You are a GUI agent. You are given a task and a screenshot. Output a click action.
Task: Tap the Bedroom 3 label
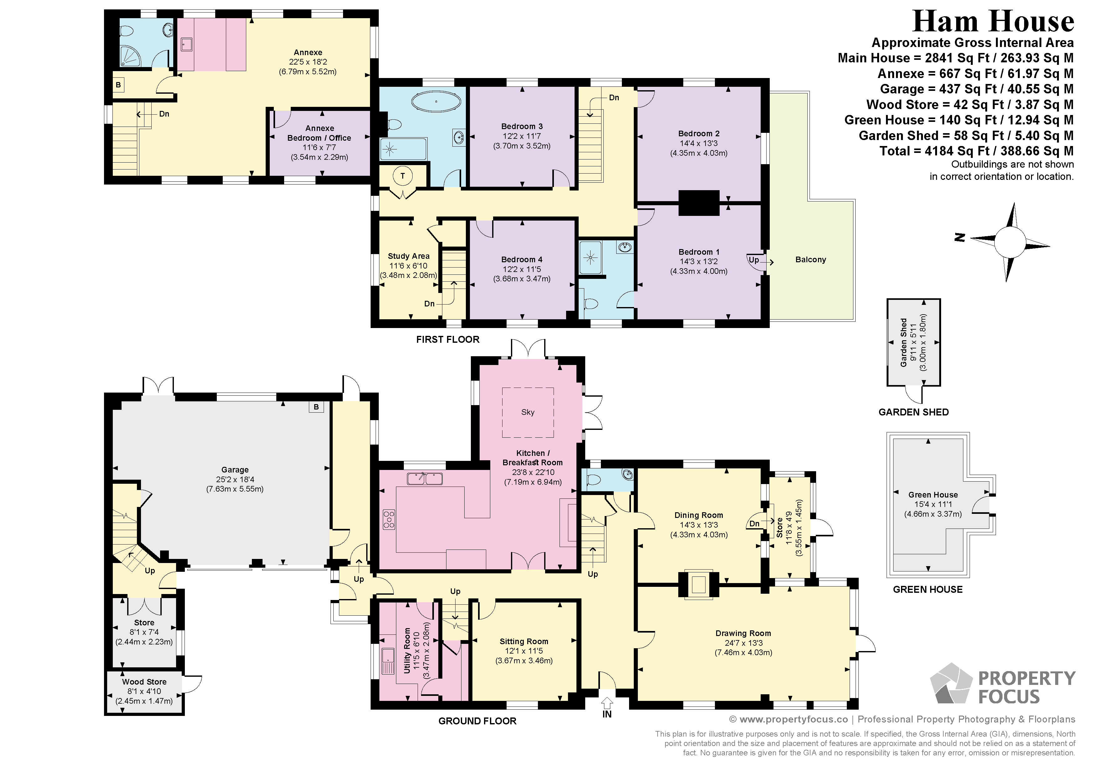pyautogui.click(x=522, y=126)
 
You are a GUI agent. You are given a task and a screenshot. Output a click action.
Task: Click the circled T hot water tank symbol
pyautogui.click(x=403, y=176)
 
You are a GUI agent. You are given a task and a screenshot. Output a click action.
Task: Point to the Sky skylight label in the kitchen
pyautogui.click(x=528, y=412)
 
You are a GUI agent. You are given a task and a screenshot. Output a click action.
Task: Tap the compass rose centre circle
pyautogui.click(x=1010, y=242)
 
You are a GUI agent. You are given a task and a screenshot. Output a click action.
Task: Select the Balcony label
pyautogui.click(x=810, y=259)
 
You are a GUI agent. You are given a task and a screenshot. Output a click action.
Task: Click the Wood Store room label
pyautogui.click(x=144, y=682)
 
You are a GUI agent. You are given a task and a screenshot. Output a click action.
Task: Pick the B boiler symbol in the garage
pyautogui.click(x=316, y=407)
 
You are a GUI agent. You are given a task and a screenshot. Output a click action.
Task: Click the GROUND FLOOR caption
pyautogui.click(x=477, y=721)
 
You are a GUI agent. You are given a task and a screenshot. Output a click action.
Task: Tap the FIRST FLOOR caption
pyautogui.click(x=448, y=339)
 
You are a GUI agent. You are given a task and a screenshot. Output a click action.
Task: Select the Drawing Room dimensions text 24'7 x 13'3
pyautogui.click(x=743, y=643)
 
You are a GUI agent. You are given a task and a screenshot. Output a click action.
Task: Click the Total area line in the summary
pyautogui.click(x=977, y=151)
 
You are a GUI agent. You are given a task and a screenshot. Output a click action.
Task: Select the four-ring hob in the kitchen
pyautogui.click(x=389, y=519)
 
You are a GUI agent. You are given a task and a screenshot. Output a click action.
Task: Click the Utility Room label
pyautogui.click(x=407, y=651)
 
